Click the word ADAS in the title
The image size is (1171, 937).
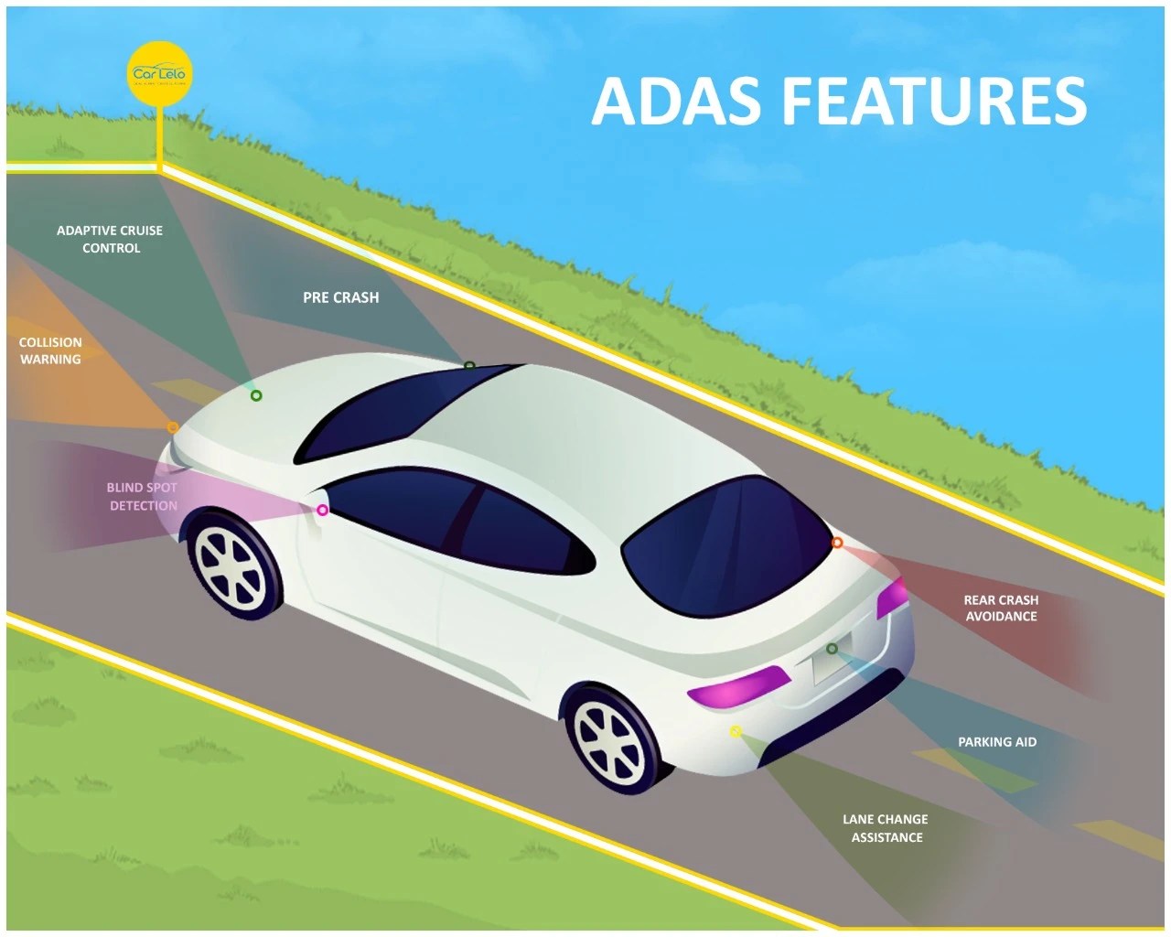coord(676,101)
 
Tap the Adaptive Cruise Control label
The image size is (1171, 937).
coord(110,239)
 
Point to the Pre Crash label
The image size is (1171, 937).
coord(340,297)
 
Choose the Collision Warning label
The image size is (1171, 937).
coord(50,350)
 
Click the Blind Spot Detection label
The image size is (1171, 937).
coord(142,496)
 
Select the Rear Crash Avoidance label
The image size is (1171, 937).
coord(1001,609)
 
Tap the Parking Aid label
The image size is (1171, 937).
coord(997,742)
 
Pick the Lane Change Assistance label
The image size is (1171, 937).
coord(886,828)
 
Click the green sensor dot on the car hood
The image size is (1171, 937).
coord(256,395)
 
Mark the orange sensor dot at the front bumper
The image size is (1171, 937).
coord(173,427)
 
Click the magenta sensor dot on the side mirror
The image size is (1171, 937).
coord(322,511)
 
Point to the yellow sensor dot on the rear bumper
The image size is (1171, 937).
coord(736,731)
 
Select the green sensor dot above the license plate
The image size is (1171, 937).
coord(832,649)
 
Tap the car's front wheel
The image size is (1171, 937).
coord(234,564)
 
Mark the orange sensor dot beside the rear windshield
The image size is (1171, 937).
coord(837,543)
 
